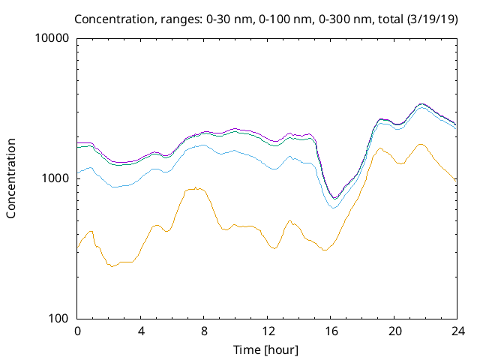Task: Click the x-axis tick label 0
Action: tap(77, 331)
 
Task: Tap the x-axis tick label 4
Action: tap(141, 331)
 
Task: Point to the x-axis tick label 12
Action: tap(267, 331)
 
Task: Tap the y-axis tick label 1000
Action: tap(57, 178)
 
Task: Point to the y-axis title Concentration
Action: tap(11, 178)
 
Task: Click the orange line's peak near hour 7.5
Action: tap(196, 188)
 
